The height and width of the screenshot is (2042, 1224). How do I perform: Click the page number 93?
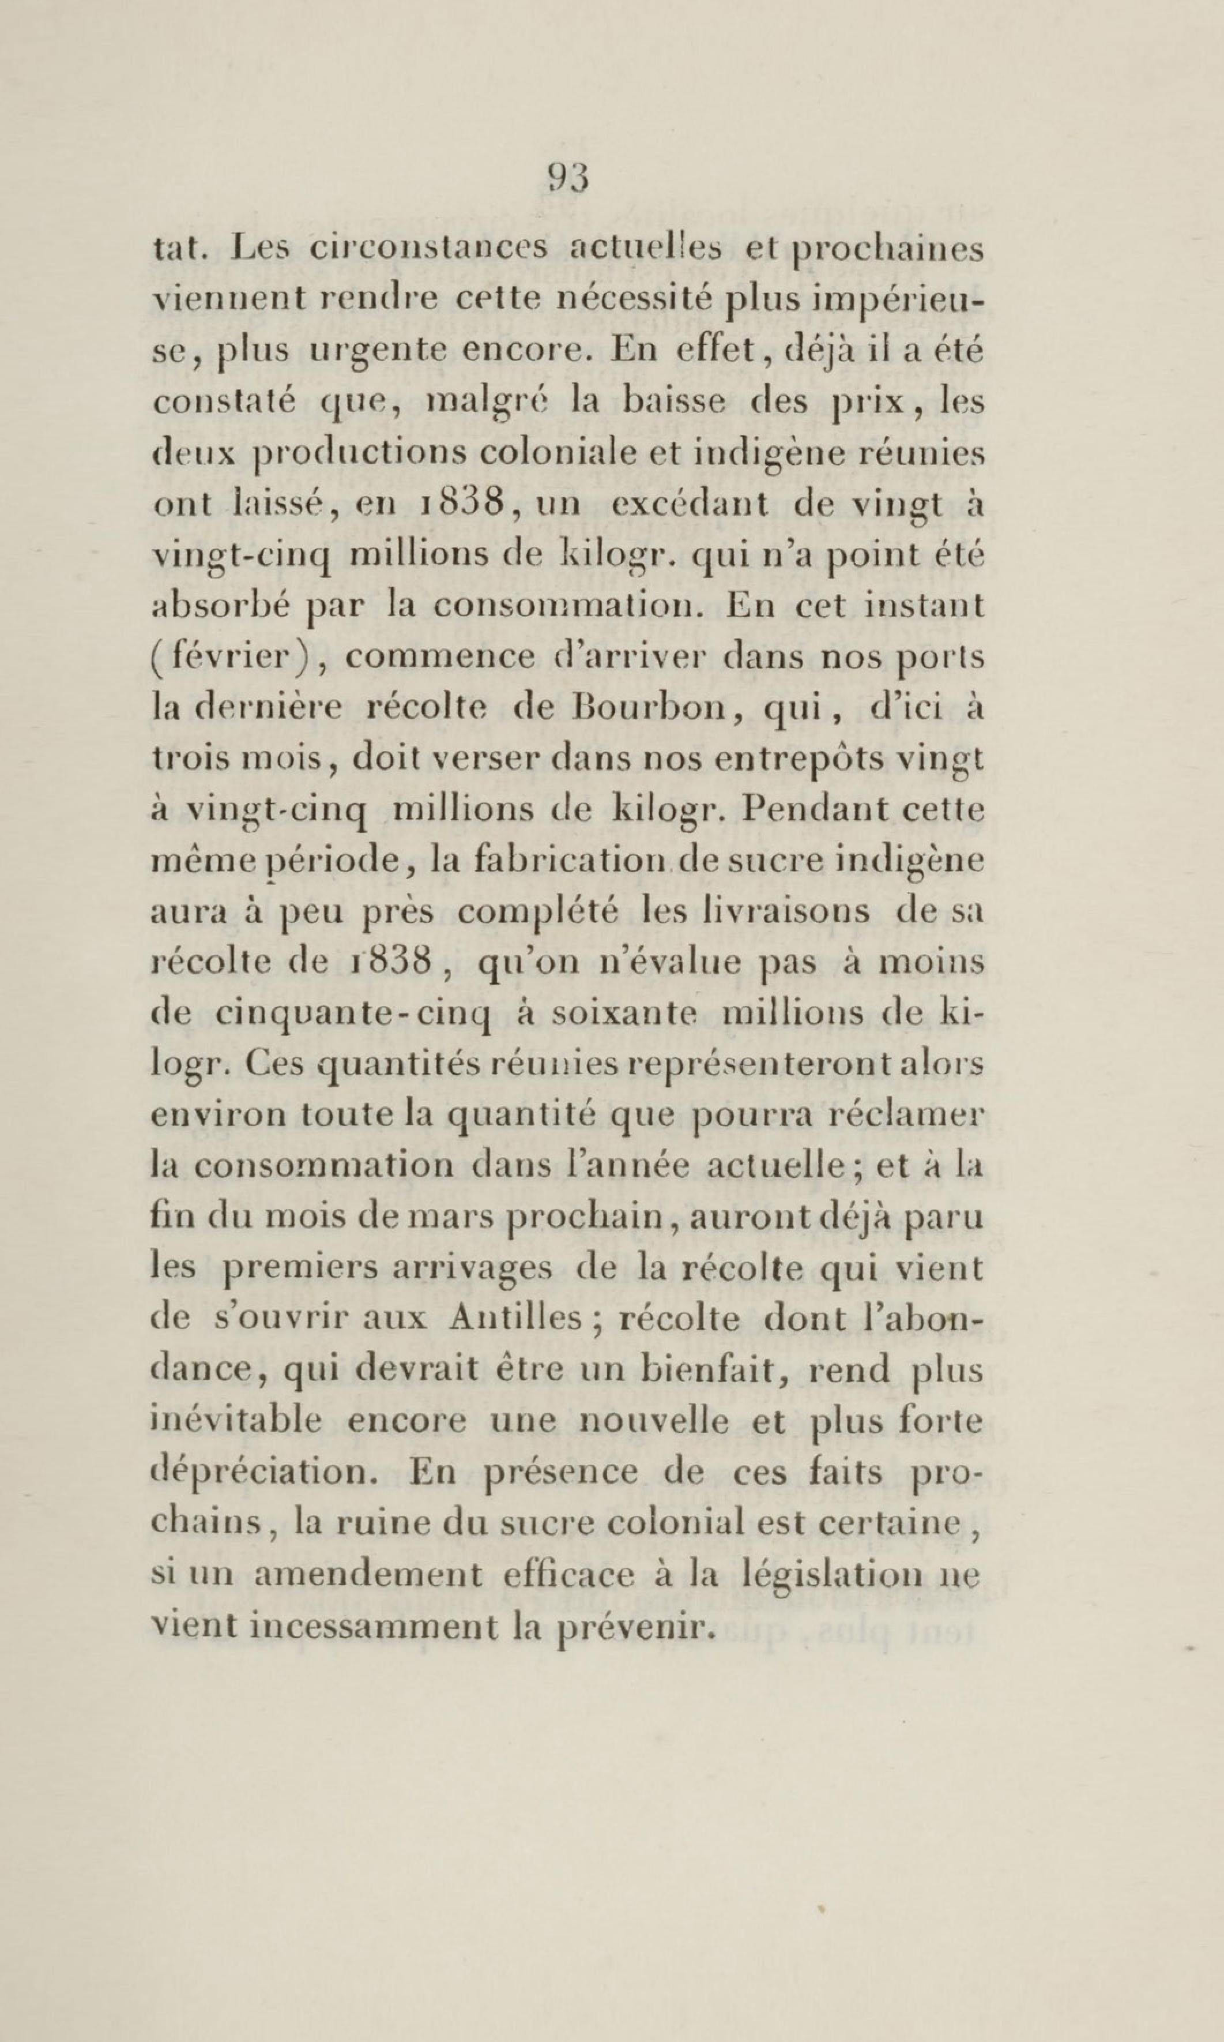point(568,178)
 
